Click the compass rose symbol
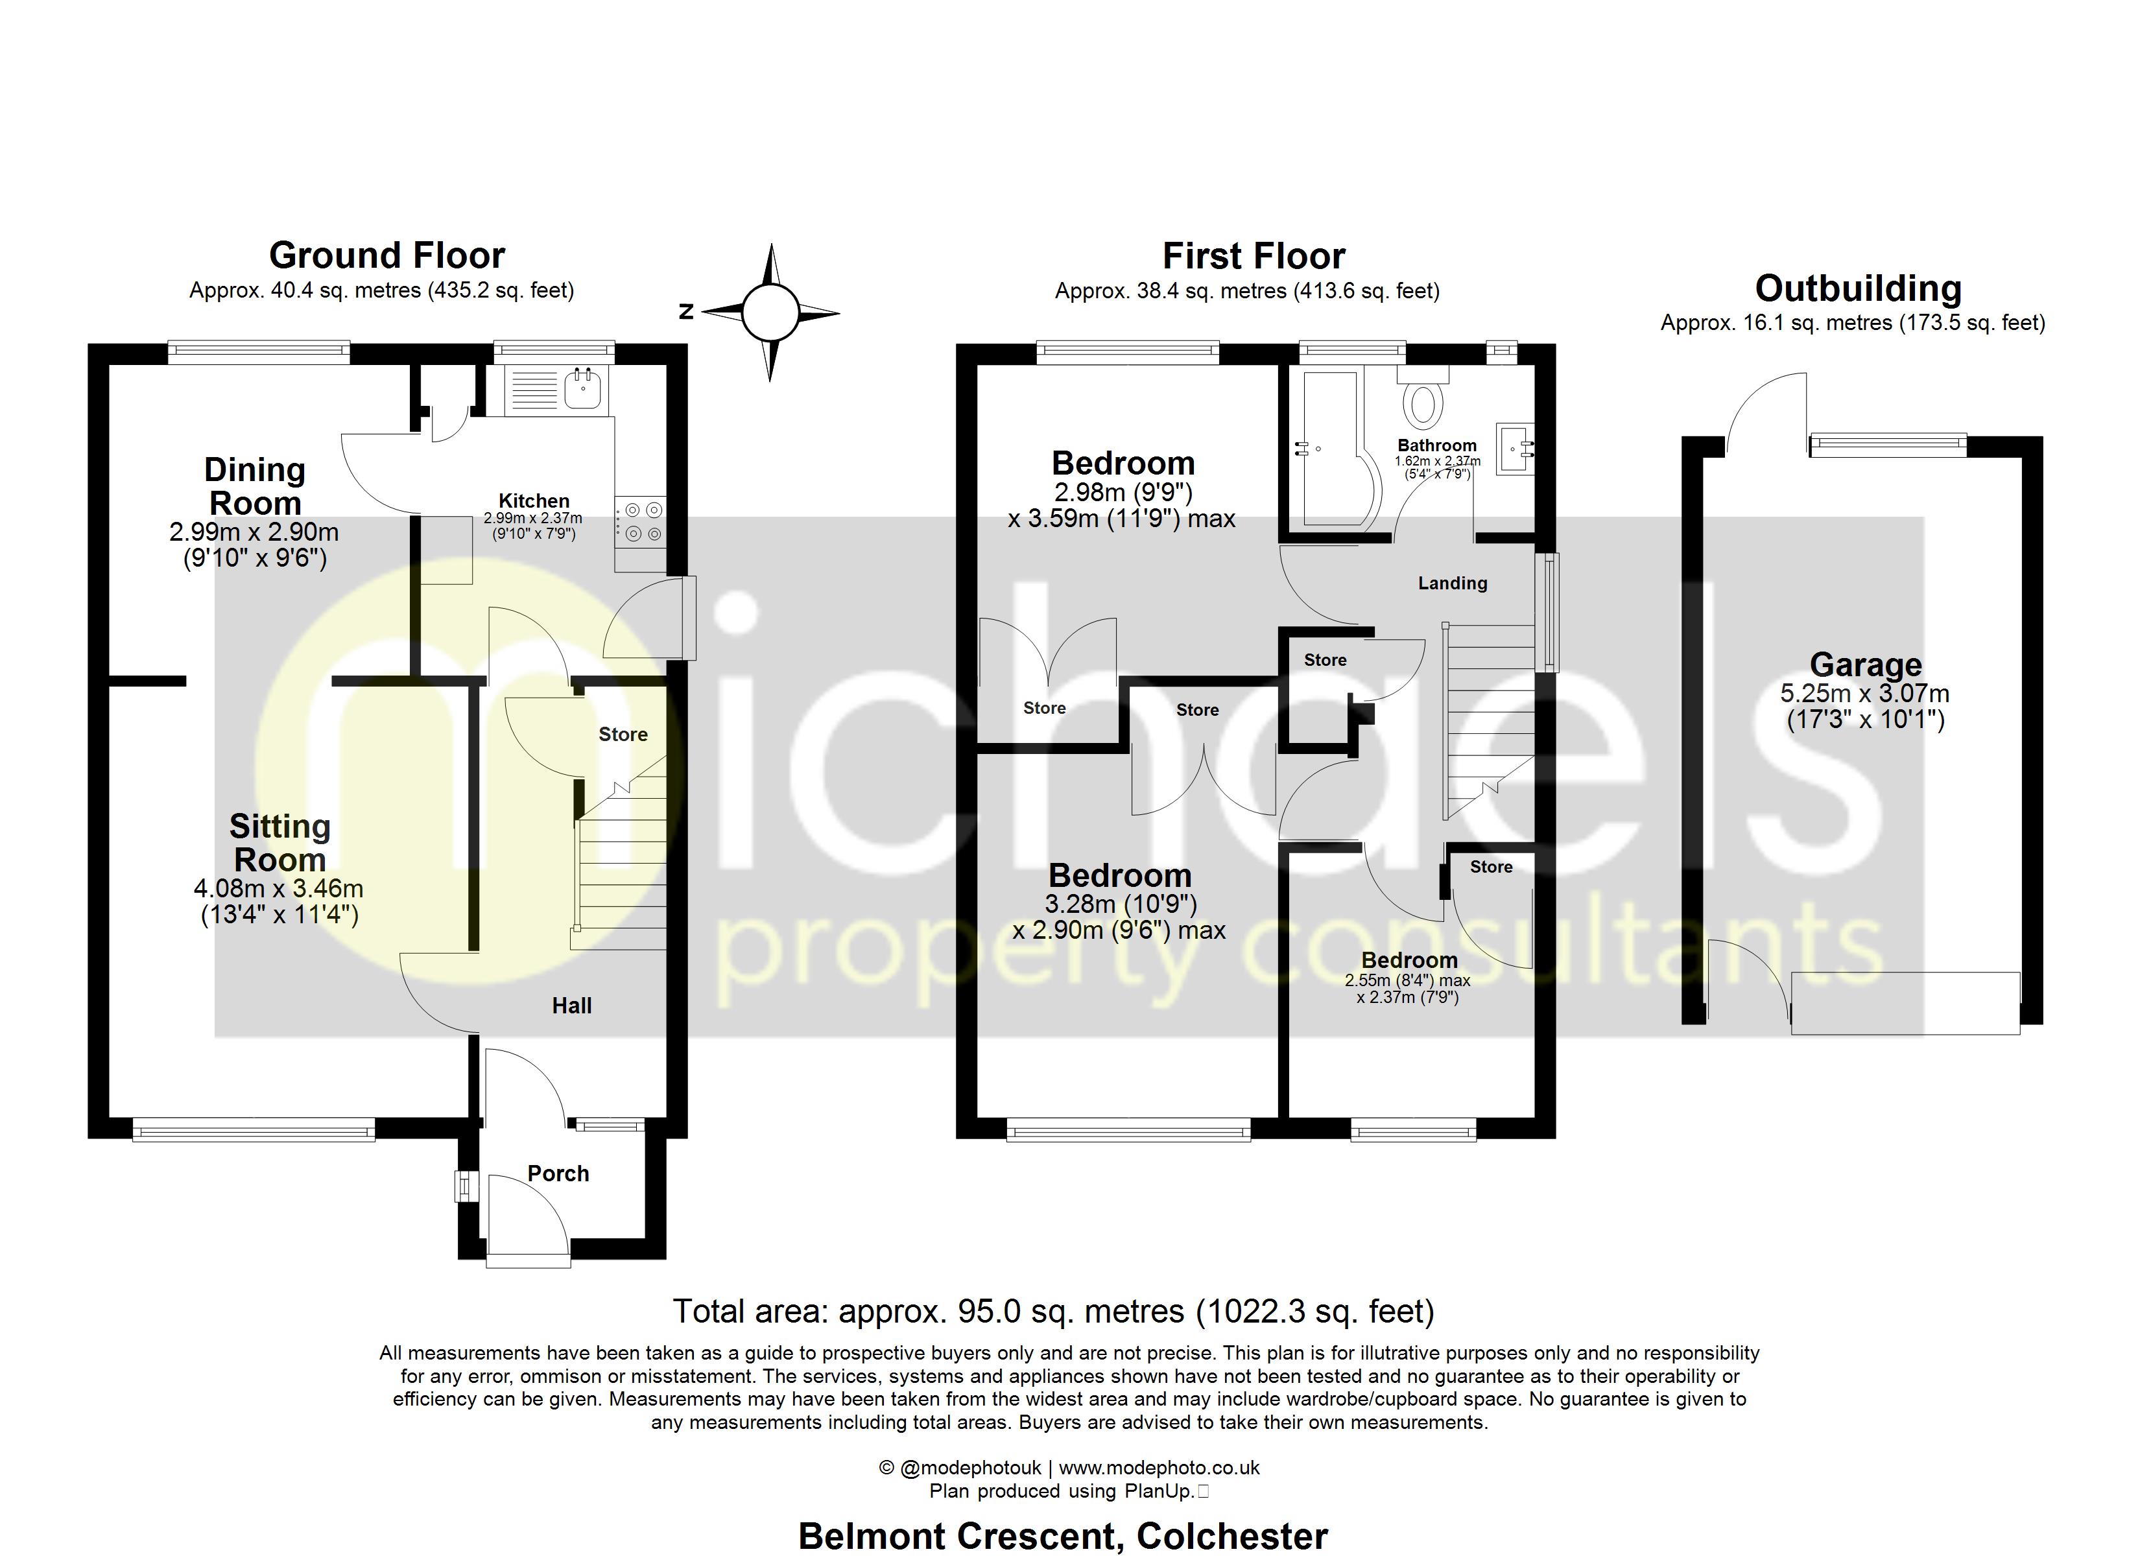(771, 312)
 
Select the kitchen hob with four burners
(641, 523)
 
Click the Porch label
(558, 1174)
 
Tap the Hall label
(572, 1006)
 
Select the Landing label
(1452, 583)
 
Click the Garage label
(1866, 665)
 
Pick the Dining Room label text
(255, 486)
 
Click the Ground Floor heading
(387, 255)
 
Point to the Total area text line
(1053, 1312)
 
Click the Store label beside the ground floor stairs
(623, 734)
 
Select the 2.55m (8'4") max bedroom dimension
(1407, 980)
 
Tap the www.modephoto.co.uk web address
(1159, 1467)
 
